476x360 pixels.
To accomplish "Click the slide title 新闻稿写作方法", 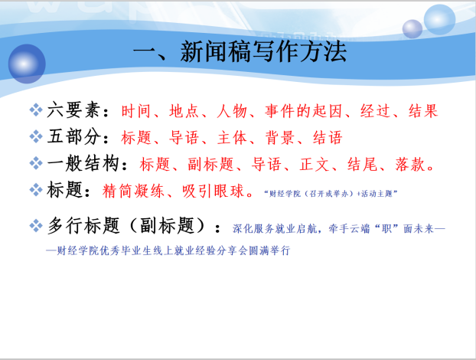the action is [x=263, y=51].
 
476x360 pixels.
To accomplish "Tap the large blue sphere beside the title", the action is [x=27, y=64].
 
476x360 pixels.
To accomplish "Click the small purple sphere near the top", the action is [x=412, y=29].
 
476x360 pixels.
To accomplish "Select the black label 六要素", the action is [x=73, y=110].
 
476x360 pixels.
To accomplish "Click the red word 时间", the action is [x=135, y=111].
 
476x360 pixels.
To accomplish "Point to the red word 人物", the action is [x=232, y=111].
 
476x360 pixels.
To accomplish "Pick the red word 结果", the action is [x=423, y=111].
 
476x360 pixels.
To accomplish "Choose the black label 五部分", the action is [x=73, y=136].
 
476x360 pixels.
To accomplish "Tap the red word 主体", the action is [x=232, y=138].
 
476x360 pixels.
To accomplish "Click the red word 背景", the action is [x=279, y=138].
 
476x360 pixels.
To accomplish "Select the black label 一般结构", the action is [x=83, y=163].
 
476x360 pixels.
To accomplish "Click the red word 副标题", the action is [x=210, y=165].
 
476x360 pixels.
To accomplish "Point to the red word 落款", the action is [x=410, y=165].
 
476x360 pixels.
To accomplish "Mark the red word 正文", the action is [x=315, y=165].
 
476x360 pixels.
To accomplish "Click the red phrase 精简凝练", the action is [x=133, y=191].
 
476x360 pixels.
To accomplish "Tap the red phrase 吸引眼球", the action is [x=213, y=191].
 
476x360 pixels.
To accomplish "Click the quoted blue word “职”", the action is [x=387, y=228].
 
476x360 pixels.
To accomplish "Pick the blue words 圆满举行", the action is [x=269, y=250].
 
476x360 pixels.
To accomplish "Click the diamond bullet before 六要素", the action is [x=36, y=110].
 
